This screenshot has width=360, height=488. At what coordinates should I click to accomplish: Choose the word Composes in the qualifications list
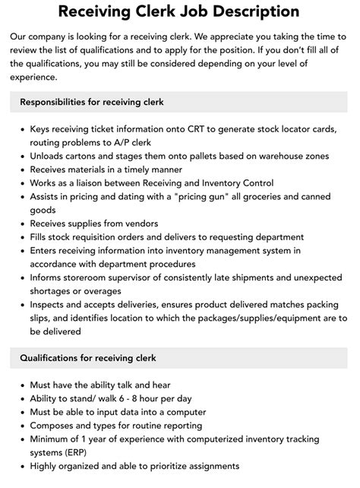coord(55,426)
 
